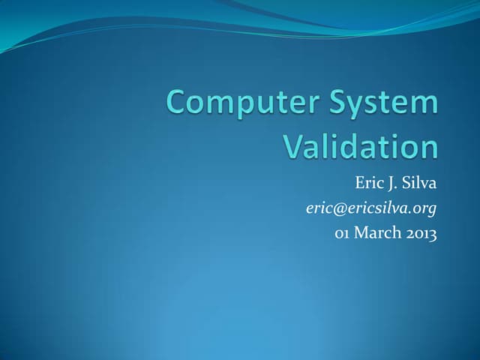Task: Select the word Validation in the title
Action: click(x=360, y=146)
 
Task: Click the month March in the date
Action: click(x=377, y=233)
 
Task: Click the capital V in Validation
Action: click(x=293, y=146)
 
